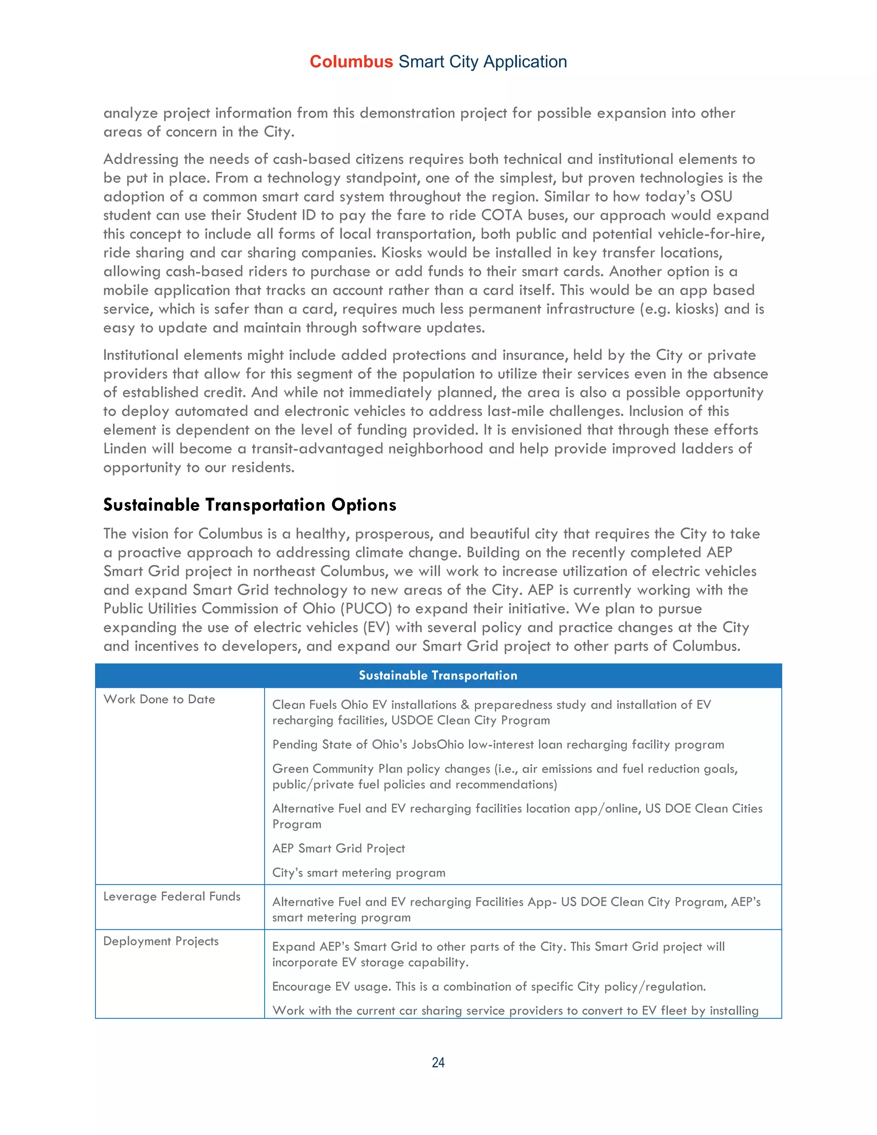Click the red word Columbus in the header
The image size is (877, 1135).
[x=351, y=62]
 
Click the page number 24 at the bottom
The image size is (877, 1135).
[x=438, y=1062]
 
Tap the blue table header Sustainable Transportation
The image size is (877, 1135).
[x=438, y=675]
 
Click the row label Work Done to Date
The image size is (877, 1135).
[x=159, y=699]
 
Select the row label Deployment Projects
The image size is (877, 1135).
[x=161, y=941]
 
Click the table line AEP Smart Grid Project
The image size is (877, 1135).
[x=338, y=848]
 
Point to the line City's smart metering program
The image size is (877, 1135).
[x=358, y=872]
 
